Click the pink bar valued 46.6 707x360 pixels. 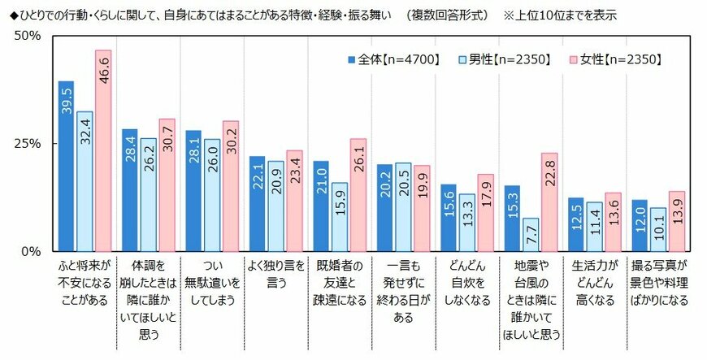(103, 151)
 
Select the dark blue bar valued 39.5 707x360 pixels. (67, 167)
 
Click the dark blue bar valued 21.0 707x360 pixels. (321, 206)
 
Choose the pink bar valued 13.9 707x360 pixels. (676, 221)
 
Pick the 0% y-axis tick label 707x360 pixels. (32, 251)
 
